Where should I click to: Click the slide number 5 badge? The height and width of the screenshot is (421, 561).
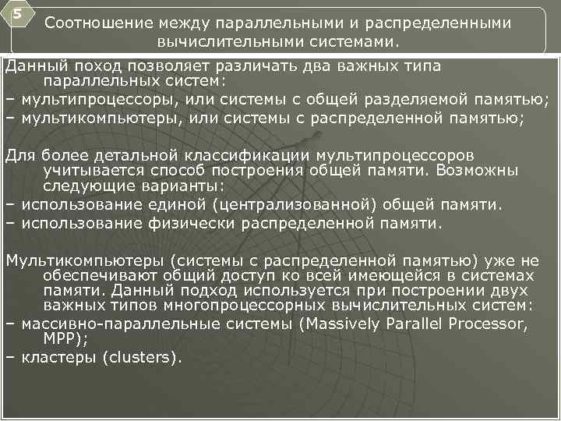pyautogui.click(x=14, y=13)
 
